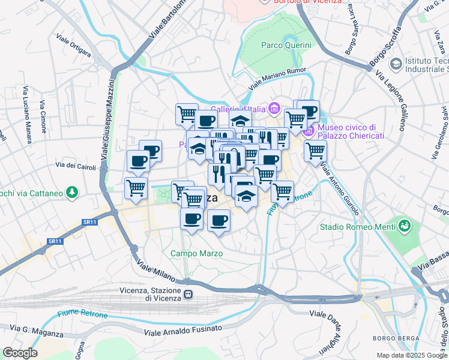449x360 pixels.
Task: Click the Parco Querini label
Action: [286, 45]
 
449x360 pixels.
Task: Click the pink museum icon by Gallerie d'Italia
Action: [274, 108]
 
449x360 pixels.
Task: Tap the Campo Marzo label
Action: [196, 254]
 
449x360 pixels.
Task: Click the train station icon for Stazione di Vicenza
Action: [188, 295]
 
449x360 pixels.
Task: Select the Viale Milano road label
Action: [157, 271]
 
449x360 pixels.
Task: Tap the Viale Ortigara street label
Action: [74, 46]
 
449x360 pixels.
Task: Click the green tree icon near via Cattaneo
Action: [72, 193]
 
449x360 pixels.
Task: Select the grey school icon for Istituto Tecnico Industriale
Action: [396, 63]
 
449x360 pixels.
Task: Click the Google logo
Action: [20, 353]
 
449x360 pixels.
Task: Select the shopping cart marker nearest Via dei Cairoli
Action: [136, 188]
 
